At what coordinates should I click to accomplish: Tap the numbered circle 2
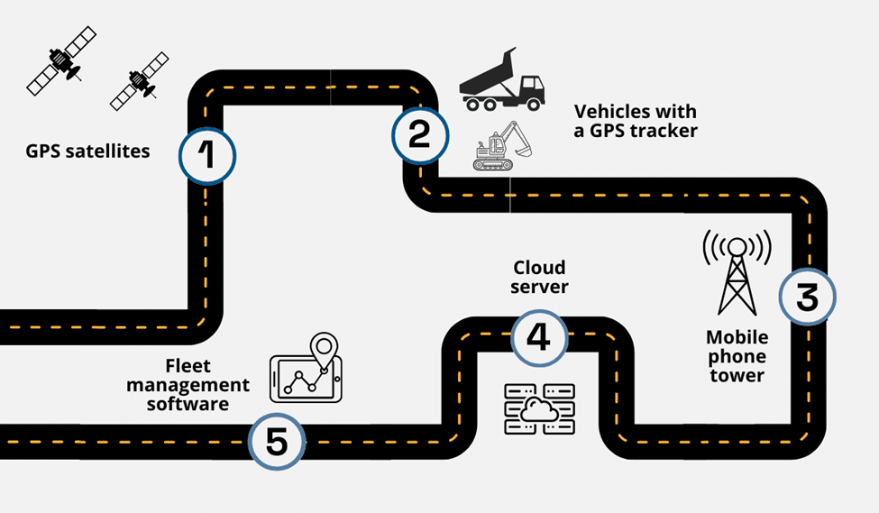tap(419, 133)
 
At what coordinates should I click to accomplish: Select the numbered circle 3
tap(807, 297)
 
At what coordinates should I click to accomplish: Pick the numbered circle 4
tap(538, 337)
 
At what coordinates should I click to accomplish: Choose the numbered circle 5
tap(277, 442)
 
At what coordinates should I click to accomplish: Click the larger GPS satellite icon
tap(61, 60)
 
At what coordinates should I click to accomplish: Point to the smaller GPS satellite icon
tap(139, 81)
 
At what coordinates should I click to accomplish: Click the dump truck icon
tap(502, 80)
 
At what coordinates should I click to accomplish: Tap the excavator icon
tap(501, 146)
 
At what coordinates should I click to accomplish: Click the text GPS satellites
tap(87, 151)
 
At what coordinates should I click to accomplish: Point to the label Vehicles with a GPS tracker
tap(636, 121)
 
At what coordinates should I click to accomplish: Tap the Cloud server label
tap(539, 277)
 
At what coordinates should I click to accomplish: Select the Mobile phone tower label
tap(737, 356)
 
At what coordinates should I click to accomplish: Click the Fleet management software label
tap(188, 385)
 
